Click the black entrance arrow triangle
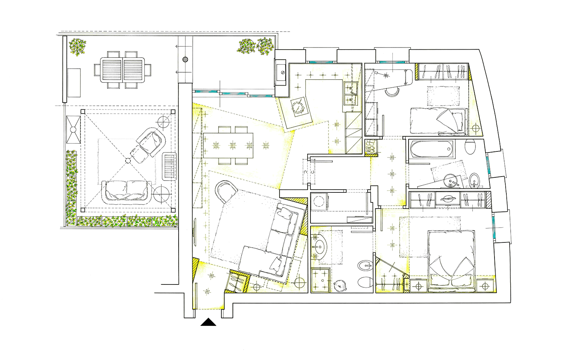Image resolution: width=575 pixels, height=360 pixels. coord(208,322)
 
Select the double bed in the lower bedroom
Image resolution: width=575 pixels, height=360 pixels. coord(452,258)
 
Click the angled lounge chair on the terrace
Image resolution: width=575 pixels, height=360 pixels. coord(148,143)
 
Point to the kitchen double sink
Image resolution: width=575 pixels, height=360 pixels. coord(350,93)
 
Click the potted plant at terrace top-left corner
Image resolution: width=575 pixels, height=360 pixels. coord(78,47)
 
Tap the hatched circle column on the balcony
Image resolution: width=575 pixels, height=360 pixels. coord(185,60)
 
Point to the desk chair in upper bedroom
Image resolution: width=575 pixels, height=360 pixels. coord(391,92)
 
